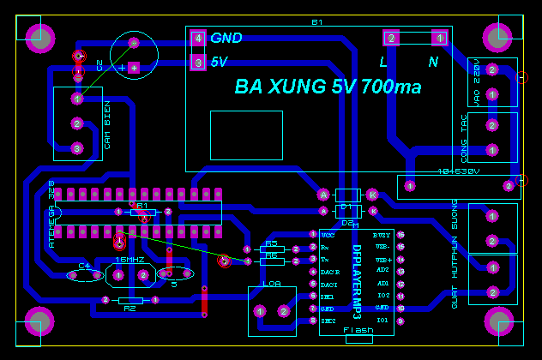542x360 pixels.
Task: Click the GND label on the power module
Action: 226,38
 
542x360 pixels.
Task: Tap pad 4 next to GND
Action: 198,39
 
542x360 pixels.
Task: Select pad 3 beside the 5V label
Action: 198,63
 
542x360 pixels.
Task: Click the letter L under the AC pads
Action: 383,62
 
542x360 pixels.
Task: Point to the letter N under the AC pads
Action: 433,62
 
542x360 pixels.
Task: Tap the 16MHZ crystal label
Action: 129,259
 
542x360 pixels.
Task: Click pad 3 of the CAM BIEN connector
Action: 76,148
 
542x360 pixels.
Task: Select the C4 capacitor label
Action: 84,266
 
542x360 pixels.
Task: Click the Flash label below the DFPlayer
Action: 358,330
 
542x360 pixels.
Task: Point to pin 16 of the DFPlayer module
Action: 400,234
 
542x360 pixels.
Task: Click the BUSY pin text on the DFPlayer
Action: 382,234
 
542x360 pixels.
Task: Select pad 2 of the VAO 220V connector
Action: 491,69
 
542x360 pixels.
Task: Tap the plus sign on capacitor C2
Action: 122,67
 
